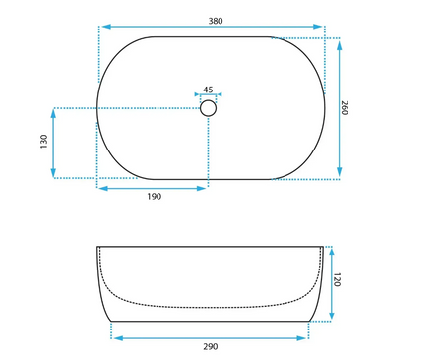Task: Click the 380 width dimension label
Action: (x=216, y=21)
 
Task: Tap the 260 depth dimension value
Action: (x=344, y=108)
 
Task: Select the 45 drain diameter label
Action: (x=208, y=90)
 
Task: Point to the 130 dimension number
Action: (x=44, y=142)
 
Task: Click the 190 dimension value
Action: (x=155, y=197)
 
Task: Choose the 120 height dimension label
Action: (x=337, y=279)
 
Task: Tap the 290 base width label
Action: (x=211, y=346)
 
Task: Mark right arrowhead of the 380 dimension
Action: (x=318, y=27)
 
